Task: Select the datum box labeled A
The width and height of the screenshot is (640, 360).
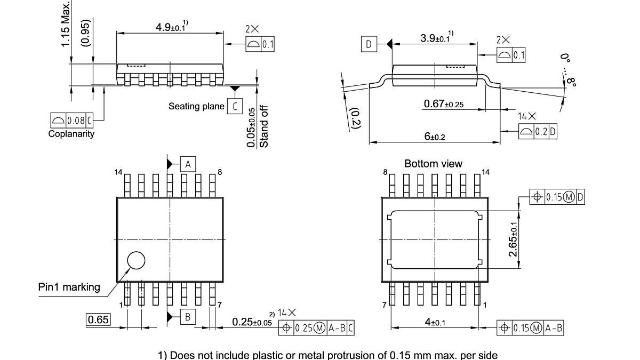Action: pyautogui.click(x=188, y=164)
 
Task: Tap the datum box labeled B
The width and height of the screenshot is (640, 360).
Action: pyautogui.click(x=188, y=317)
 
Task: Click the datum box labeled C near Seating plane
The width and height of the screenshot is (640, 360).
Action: pyautogui.click(x=234, y=106)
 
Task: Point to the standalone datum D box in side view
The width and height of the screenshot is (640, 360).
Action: pyautogui.click(x=369, y=44)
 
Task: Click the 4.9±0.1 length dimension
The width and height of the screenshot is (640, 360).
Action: pyautogui.click(x=170, y=27)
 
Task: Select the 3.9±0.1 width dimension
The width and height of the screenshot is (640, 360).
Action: pyautogui.click(x=434, y=38)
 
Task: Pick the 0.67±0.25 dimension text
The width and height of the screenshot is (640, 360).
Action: pyautogui.click(x=443, y=104)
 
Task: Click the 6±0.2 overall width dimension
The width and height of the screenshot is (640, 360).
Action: pyautogui.click(x=434, y=137)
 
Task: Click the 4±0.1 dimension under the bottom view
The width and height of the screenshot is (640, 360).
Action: pyautogui.click(x=435, y=322)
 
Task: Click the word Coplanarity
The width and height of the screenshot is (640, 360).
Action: pyautogui.click(x=71, y=134)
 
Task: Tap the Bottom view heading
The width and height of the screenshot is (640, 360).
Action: pyautogui.click(x=433, y=164)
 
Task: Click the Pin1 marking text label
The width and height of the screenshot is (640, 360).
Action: pyautogui.click(x=69, y=287)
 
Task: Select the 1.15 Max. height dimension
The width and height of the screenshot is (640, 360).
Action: pyautogui.click(x=65, y=23)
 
